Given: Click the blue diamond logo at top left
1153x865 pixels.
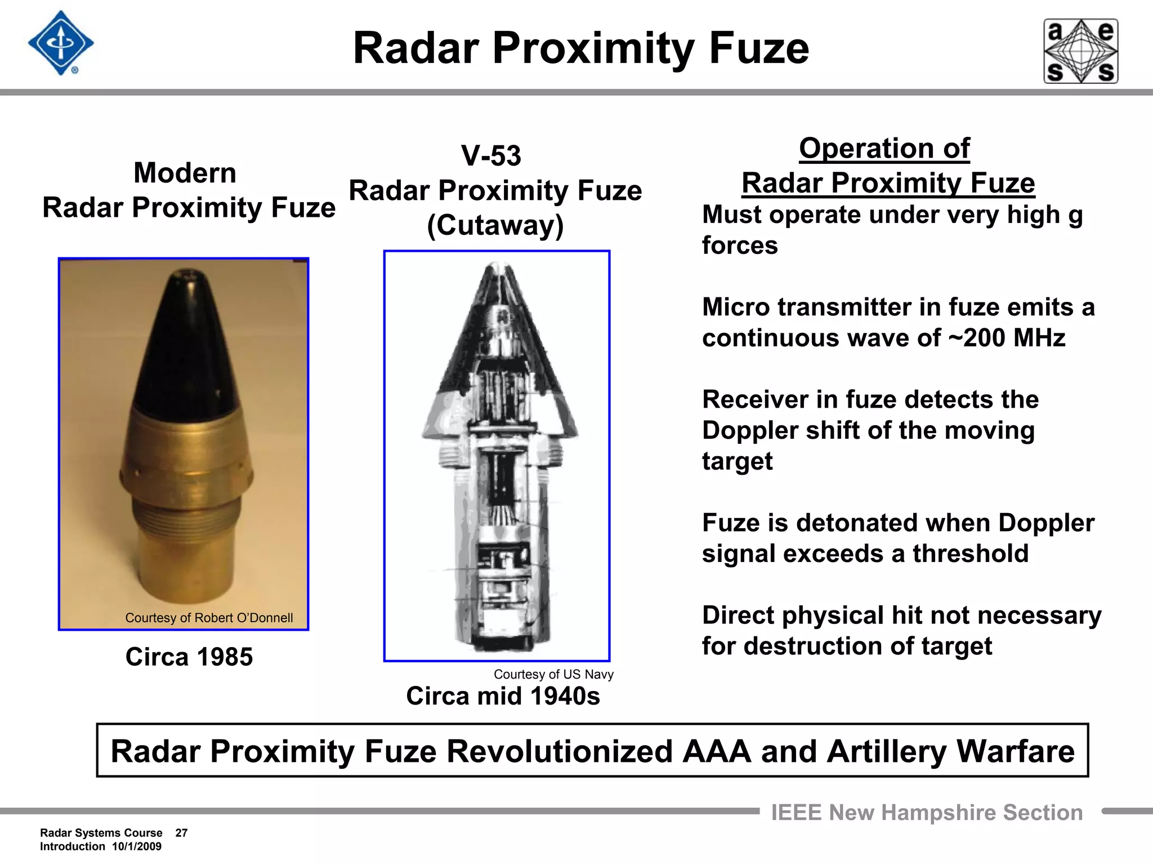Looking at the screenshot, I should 60,43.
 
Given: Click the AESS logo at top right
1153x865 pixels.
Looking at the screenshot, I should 1080,51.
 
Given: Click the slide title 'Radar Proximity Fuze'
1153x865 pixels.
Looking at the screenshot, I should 580,48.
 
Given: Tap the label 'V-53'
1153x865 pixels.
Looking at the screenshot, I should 491,155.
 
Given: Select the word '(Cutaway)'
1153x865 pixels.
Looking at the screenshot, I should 495,225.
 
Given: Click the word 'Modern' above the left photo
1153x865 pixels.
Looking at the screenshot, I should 185,173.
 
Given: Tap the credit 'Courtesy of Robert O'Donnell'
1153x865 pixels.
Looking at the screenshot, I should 209,618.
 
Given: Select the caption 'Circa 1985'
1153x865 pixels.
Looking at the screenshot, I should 189,657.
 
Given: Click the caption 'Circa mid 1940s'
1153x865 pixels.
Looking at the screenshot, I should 503,696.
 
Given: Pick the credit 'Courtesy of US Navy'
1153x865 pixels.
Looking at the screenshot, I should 553,674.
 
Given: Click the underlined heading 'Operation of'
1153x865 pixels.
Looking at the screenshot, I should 884,149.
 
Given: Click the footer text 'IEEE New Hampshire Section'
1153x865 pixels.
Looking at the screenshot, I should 927,813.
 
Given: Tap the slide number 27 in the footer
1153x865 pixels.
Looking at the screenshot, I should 181,833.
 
